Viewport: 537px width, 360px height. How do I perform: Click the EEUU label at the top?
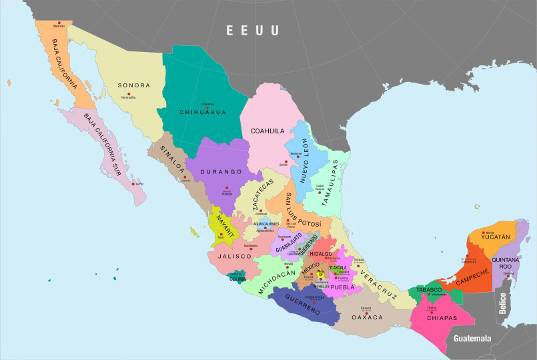pos(252,31)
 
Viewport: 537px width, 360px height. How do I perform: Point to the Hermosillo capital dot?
pos(129,93)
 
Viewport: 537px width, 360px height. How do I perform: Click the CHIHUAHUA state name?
pos(203,112)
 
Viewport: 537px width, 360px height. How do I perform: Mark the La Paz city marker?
pos(135,184)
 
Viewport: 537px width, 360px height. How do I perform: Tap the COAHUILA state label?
pos(267,131)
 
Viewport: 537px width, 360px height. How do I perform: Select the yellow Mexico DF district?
pos(321,273)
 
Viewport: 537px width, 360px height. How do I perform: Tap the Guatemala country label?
pos(472,339)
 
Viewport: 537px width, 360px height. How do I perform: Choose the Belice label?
pos(503,303)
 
